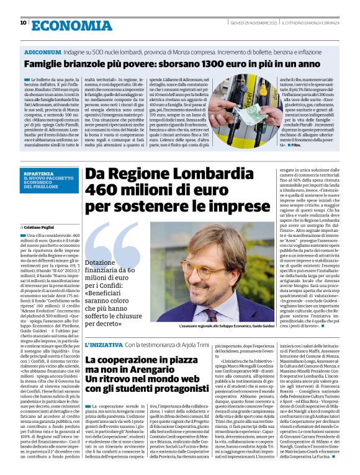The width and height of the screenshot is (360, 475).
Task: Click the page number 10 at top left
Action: pyautogui.click(x=23, y=23)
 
